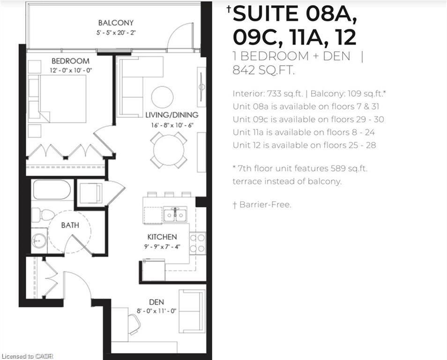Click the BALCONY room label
click(116, 23)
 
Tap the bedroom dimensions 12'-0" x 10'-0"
click(71, 70)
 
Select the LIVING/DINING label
click(172, 115)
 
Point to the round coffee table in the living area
click(163, 97)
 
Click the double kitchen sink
click(175, 215)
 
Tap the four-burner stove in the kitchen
click(197, 243)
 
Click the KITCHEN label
click(162, 237)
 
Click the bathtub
click(52, 190)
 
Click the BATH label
click(70, 225)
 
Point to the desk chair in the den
click(134, 324)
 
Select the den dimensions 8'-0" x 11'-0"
click(156, 311)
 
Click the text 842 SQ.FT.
click(264, 70)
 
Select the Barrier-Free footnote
click(262, 205)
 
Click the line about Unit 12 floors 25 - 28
click(304, 145)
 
